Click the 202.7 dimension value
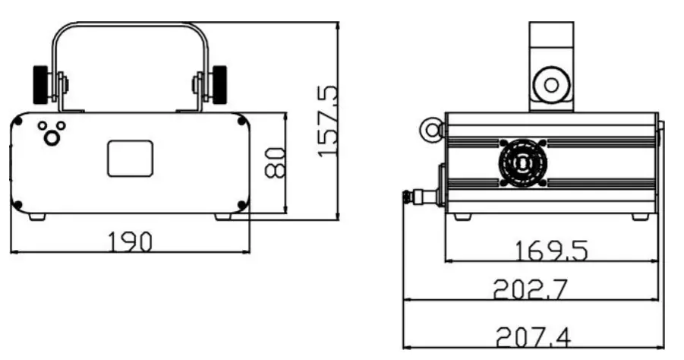531,289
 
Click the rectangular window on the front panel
131,158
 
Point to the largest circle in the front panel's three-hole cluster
52,137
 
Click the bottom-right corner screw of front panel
242,204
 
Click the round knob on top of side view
550,83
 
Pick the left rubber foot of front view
36,216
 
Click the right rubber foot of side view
641,216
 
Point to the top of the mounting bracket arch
131,25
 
